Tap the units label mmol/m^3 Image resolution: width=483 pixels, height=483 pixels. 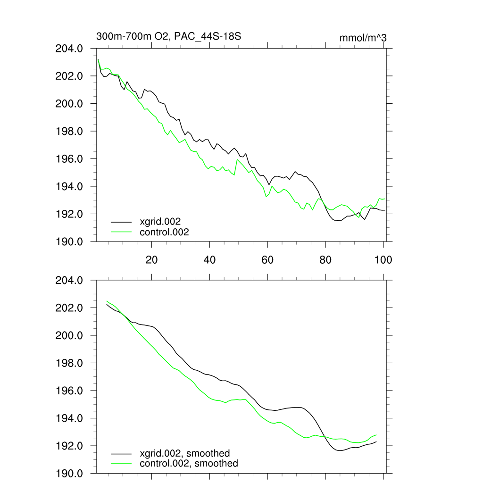pyautogui.click(x=363, y=38)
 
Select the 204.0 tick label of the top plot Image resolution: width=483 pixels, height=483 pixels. pyautogui.click(x=70, y=49)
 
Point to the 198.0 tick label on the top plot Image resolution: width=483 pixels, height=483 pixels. pyautogui.click(x=70, y=132)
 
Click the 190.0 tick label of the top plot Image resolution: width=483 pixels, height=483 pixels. pyautogui.click(x=70, y=242)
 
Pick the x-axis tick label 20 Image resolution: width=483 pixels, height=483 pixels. pyautogui.click(x=151, y=259)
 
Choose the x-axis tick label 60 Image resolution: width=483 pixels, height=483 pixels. pyautogui.click(x=267, y=259)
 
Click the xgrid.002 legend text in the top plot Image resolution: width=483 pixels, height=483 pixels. pyautogui.click(x=160, y=221)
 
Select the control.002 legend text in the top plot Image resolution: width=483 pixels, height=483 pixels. pyautogui.click(x=164, y=232)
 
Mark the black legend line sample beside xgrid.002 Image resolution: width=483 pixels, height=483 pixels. pyautogui.click(x=121, y=221)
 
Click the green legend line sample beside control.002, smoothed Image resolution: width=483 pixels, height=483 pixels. pyautogui.click(x=121, y=464)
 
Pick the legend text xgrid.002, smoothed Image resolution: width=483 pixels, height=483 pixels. pyautogui.click(x=184, y=453)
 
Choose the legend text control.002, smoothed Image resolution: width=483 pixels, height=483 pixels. pyautogui.click(x=189, y=464)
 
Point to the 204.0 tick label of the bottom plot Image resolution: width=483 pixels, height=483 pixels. pyautogui.click(x=70, y=281)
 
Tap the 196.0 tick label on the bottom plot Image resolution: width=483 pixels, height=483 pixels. pyautogui.click(x=70, y=391)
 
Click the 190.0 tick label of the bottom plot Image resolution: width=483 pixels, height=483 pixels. pyautogui.click(x=70, y=474)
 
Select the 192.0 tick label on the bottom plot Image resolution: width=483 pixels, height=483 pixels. pyautogui.click(x=70, y=446)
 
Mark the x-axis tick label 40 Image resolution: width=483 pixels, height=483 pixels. pyautogui.click(x=209, y=259)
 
